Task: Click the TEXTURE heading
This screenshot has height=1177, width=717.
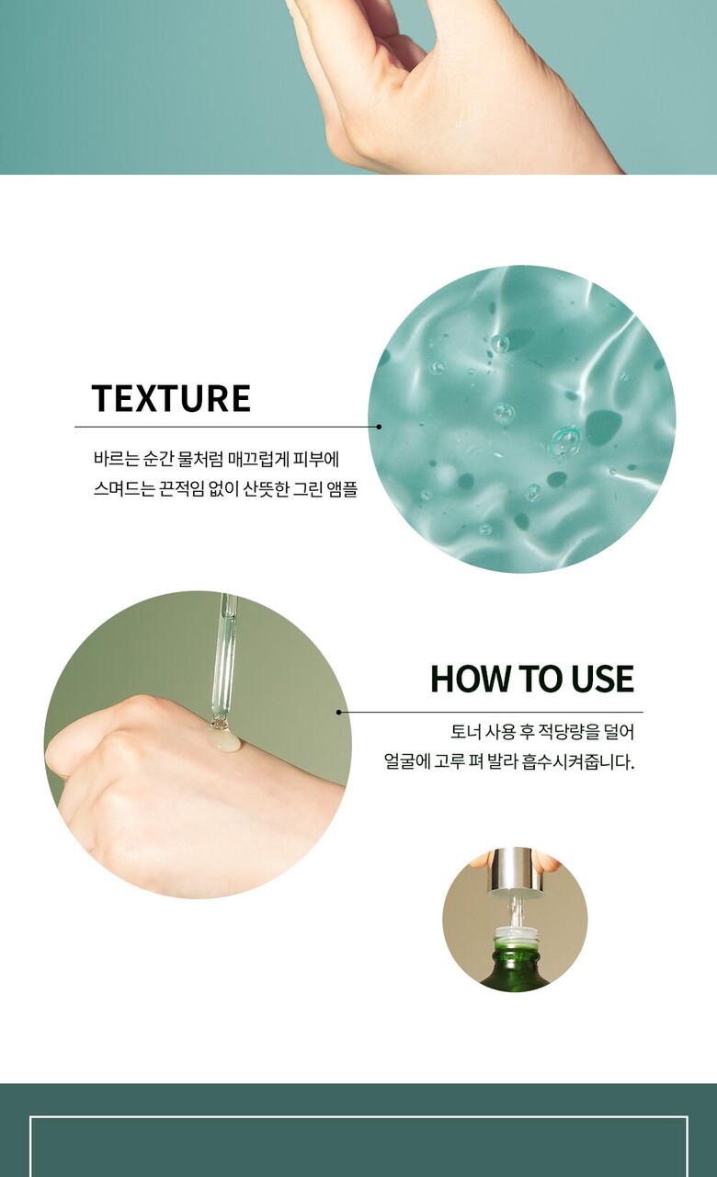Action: (171, 398)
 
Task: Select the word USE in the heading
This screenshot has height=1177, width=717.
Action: (602, 679)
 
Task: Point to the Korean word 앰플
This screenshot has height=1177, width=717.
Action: (342, 489)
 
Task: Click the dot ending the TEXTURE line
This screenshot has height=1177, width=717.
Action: (379, 428)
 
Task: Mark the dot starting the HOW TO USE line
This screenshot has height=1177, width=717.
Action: (339, 713)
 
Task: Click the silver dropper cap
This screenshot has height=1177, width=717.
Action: (516, 873)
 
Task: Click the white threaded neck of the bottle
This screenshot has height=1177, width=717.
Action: (517, 933)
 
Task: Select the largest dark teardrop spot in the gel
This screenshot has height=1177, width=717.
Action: (602, 428)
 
